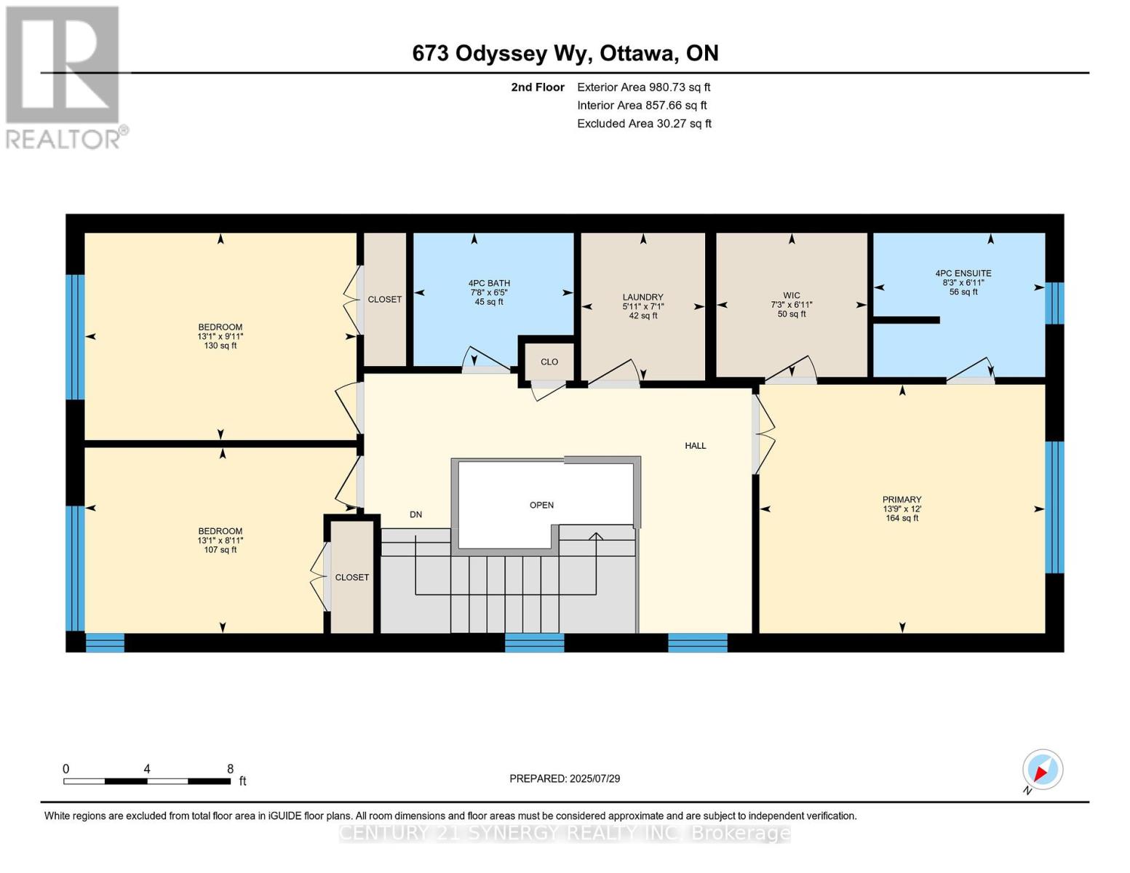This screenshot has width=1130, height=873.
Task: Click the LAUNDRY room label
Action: click(x=642, y=297)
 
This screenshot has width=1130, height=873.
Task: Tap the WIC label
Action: click(x=792, y=295)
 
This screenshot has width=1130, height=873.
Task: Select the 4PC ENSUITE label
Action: click(x=963, y=273)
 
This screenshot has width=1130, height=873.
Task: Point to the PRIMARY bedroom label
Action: click(x=902, y=499)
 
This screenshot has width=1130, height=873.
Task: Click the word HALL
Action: click(x=696, y=446)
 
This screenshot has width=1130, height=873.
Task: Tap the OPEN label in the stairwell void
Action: click(x=541, y=505)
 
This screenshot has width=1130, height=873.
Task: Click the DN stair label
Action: click(x=415, y=514)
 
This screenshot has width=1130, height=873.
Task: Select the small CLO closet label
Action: click(x=549, y=362)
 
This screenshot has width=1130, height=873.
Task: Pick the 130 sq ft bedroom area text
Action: click(x=220, y=346)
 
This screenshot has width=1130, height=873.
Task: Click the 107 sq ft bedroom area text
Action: click(x=220, y=549)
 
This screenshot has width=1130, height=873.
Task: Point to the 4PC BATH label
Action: click(x=489, y=284)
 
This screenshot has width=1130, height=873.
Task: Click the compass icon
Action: click(x=1042, y=770)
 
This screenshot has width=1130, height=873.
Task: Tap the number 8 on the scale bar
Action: click(x=230, y=768)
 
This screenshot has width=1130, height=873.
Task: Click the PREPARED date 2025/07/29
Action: click(x=594, y=778)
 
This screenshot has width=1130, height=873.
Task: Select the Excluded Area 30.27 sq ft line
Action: click(x=644, y=123)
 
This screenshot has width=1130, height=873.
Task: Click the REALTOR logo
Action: click(x=65, y=77)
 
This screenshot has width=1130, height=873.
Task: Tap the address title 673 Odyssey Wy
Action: click(x=502, y=54)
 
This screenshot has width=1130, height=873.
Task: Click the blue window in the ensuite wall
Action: click(x=1054, y=303)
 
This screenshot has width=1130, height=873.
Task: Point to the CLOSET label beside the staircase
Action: click(x=352, y=577)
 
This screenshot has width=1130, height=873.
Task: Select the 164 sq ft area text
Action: click(x=902, y=518)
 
